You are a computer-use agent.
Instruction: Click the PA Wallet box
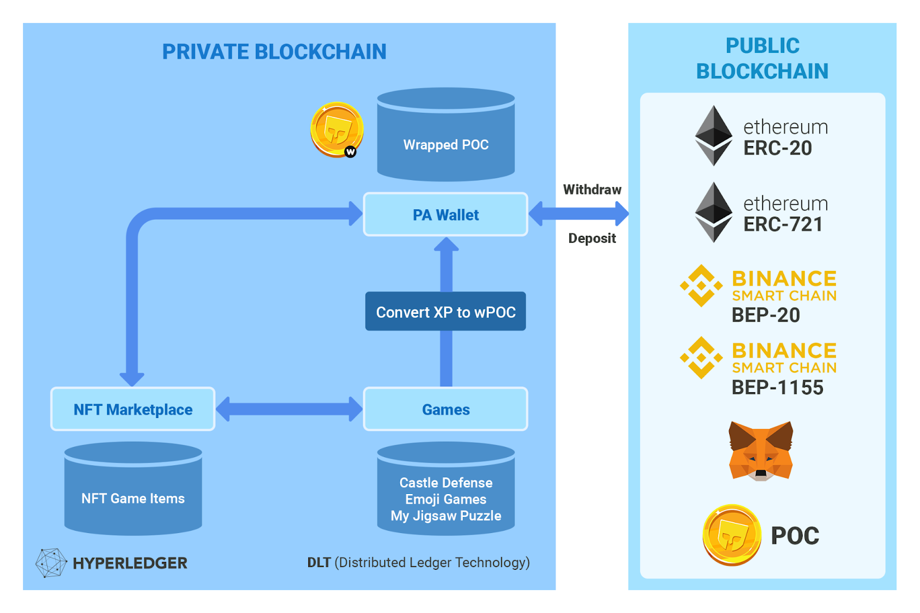446,214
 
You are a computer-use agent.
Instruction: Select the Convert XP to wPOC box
446,312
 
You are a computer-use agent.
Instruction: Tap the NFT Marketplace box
133,409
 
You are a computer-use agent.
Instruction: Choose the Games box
446,409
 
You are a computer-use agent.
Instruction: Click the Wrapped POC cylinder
446,138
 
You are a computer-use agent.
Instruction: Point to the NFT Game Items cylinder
133,492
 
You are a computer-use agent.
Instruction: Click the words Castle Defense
446,482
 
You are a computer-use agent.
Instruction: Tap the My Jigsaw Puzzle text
446,516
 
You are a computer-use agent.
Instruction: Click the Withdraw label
592,190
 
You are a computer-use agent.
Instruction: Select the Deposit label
592,238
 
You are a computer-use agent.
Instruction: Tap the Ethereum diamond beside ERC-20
714,136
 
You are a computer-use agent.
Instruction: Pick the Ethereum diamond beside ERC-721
714,212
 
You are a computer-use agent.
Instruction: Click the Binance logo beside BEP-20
701,285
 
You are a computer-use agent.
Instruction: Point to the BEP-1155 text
777,388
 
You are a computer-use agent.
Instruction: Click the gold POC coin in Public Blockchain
732,535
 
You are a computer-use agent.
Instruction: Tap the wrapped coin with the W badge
337,129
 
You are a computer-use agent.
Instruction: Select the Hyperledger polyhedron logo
51,562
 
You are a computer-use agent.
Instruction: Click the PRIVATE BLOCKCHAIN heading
274,52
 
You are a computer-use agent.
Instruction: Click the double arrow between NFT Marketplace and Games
289,409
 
